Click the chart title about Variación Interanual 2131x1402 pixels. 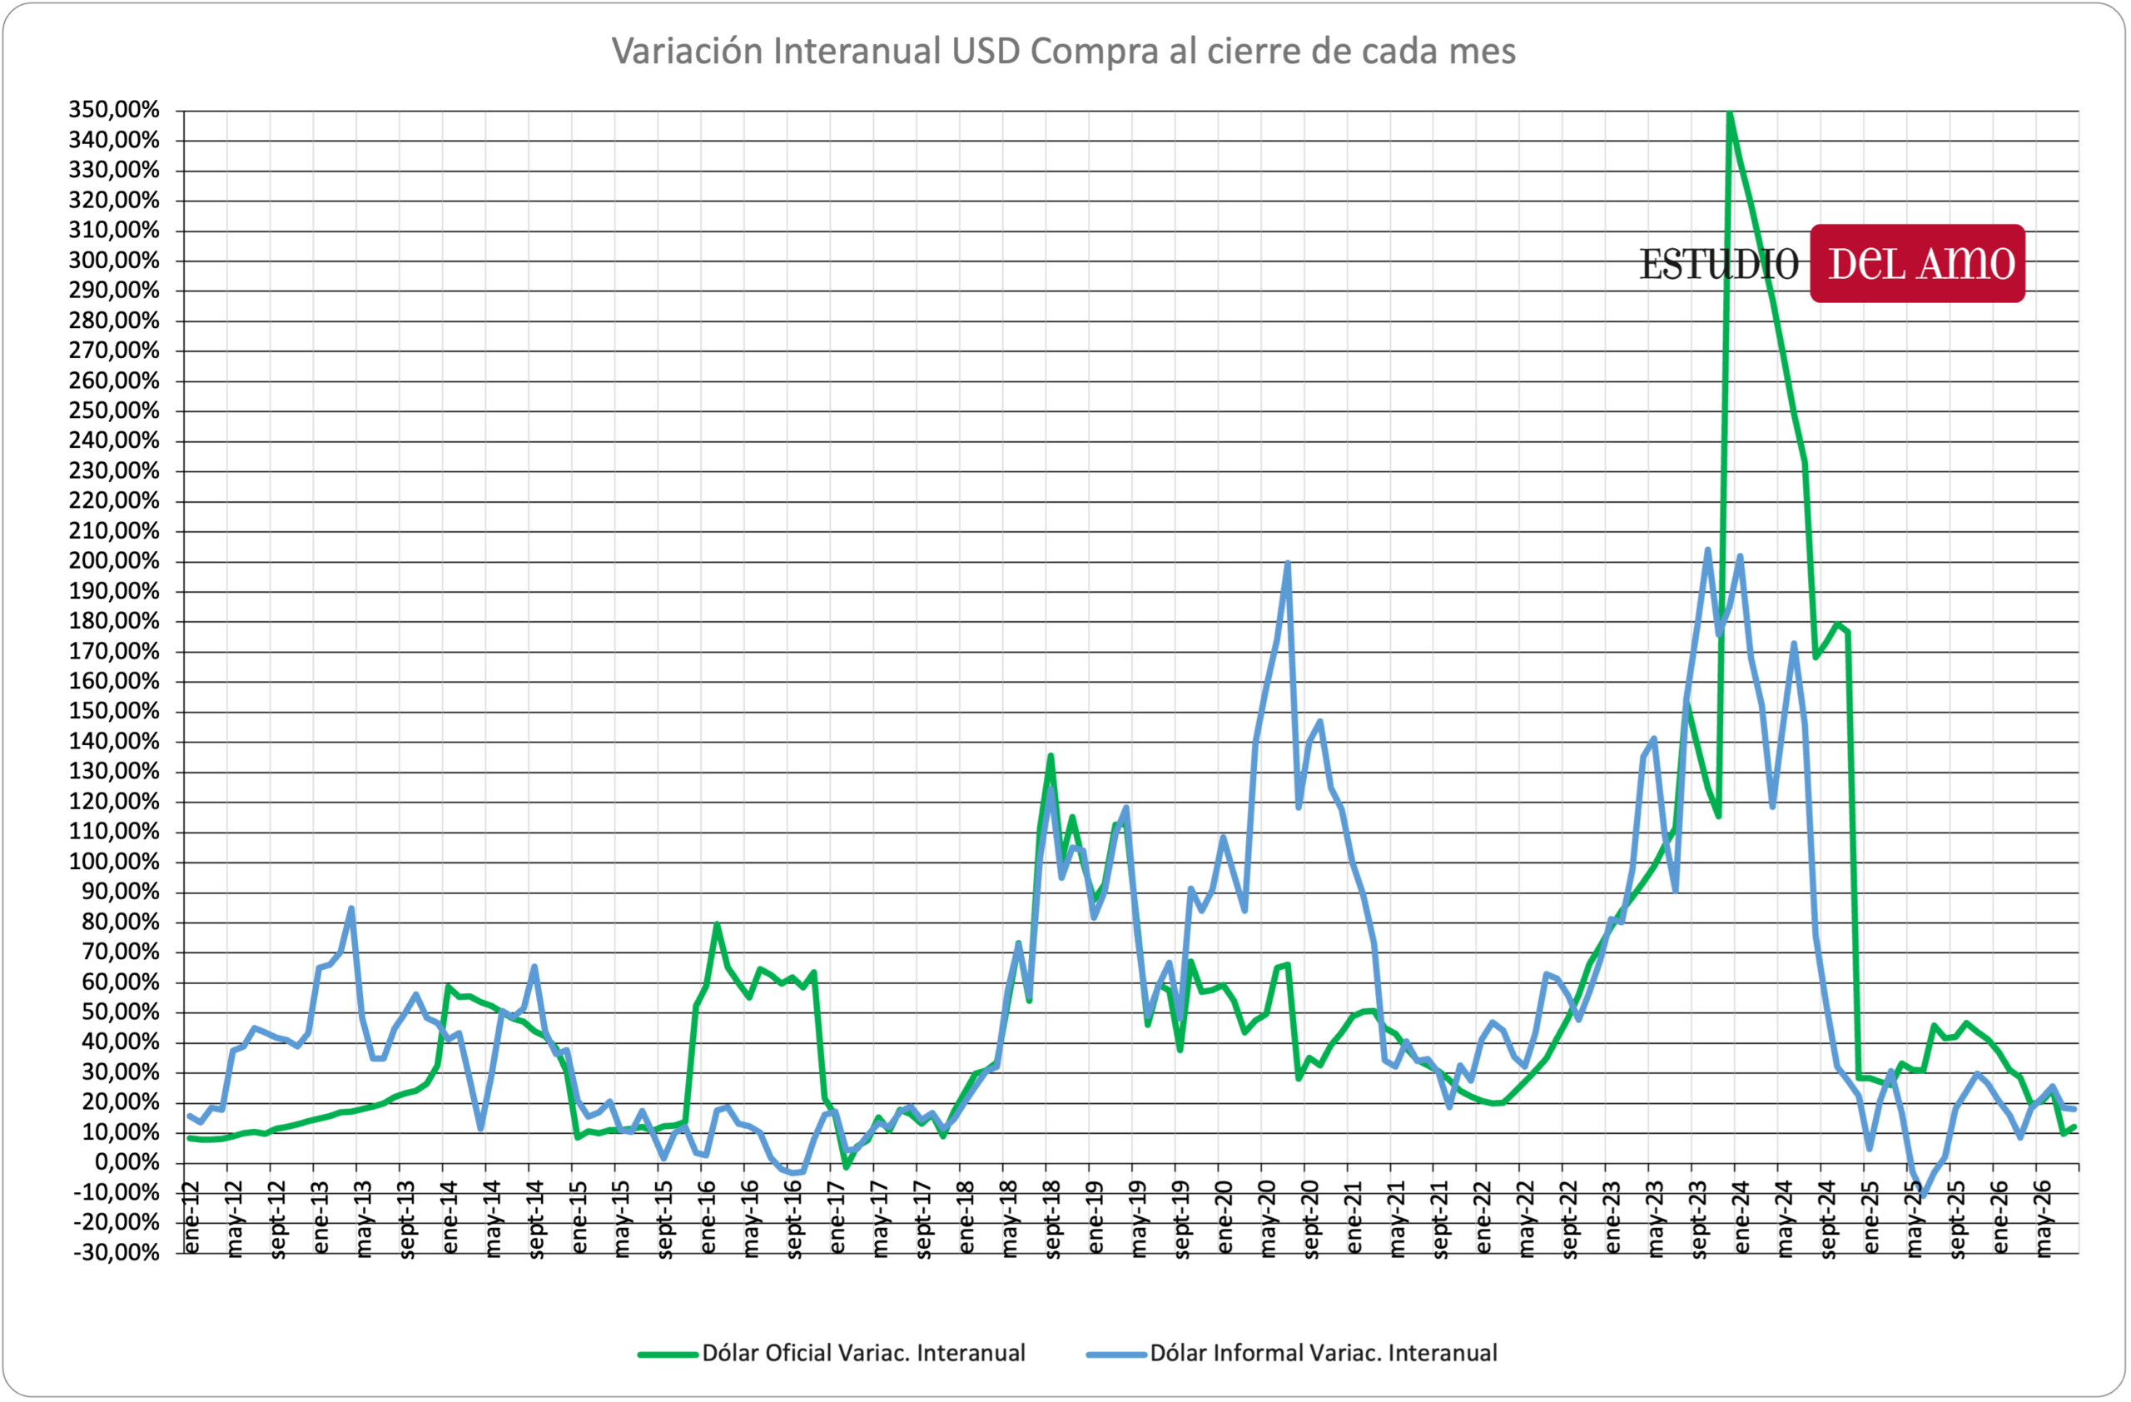[1064, 51]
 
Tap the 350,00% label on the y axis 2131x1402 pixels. [114, 110]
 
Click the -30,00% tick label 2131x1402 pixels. [117, 1252]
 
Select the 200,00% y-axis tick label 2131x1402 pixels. [114, 561]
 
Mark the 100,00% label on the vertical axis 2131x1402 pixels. [114, 863]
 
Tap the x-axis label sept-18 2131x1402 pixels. [1053, 1220]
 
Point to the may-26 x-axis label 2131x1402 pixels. [2044, 1220]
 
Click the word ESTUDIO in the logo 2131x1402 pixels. [1719, 264]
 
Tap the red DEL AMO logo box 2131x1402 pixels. [1918, 263]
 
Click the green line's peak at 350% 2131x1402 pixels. [1730, 112]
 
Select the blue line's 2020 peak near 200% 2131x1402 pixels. [1288, 563]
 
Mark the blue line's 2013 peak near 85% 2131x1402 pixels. [351, 908]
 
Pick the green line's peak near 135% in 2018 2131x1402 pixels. [1051, 756]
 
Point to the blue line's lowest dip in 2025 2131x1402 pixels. [1922, 1196]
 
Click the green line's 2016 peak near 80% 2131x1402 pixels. [718, 924]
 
